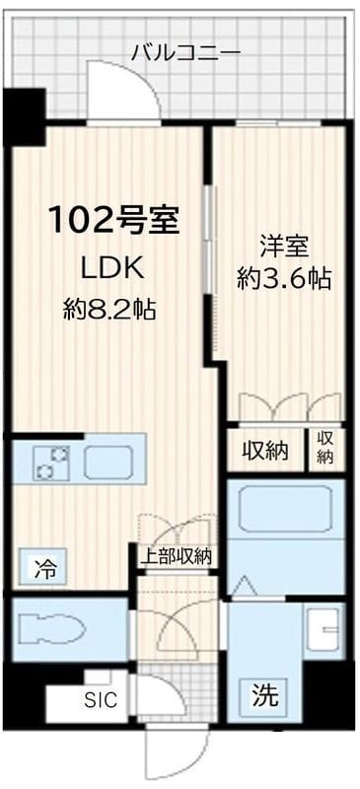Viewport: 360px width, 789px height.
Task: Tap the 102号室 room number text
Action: pos(114,220)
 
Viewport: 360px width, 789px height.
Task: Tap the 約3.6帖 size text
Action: pos(283,279)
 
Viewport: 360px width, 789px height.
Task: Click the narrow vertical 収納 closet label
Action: pos(325,449)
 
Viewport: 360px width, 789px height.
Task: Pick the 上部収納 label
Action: pos(175,556)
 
